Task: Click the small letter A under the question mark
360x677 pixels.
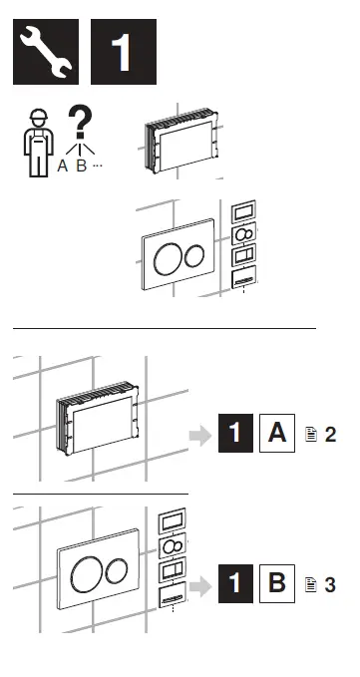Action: coord(62,166)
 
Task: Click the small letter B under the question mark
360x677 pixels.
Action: coord(81,166)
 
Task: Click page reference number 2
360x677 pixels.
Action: coord(331,436)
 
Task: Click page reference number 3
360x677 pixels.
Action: coord(331,584)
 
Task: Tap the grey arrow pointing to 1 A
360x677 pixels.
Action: coord(200,436)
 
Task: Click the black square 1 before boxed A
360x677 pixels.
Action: coord(235,435)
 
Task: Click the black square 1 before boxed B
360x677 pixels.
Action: coord(235,583)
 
